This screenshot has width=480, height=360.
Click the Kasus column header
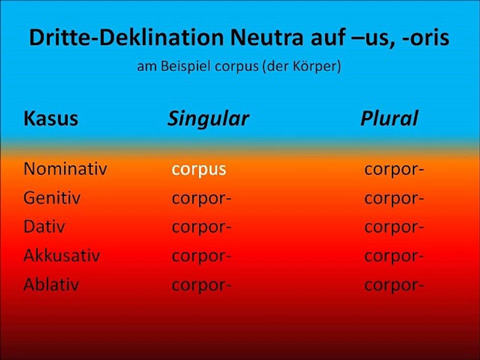point(50,118)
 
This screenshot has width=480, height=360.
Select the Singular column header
point(208,118)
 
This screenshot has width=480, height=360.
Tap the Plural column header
point(389,118)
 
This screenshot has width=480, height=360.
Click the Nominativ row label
point(65,169)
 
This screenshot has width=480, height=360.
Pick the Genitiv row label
point(52,198)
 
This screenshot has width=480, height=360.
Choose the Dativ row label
point(44,227)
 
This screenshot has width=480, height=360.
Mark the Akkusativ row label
point(61,256)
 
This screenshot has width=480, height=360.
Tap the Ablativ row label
point(51,285)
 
